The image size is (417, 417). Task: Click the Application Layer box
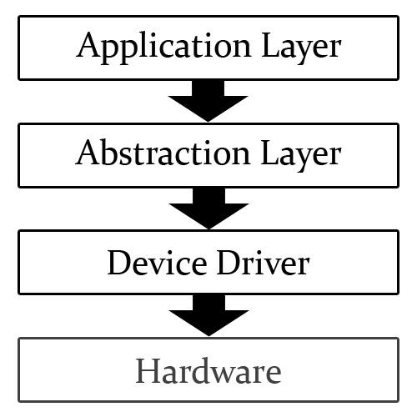(208, 48)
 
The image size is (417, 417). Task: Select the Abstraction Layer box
(208, 155)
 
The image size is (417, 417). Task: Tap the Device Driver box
(208, 262)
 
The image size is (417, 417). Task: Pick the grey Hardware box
(208, 369)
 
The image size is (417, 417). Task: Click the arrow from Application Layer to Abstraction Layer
(208, 101)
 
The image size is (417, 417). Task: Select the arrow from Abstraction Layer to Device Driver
(208, 208)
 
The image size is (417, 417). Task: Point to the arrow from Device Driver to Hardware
(208, 315)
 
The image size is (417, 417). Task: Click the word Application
(164, 48)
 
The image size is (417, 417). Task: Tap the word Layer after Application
(301, 48)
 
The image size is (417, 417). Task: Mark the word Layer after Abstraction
(301, 155)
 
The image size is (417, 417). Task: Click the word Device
(157, 263)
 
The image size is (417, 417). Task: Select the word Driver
(264, 263)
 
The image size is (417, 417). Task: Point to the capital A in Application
(88, 44)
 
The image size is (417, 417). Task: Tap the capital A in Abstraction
(88, 152)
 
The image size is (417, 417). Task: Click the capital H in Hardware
(149, 370)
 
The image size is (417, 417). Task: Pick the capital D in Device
(120, 263)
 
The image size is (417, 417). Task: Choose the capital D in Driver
(229, 263)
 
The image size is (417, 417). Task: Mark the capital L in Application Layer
(271, 45)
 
